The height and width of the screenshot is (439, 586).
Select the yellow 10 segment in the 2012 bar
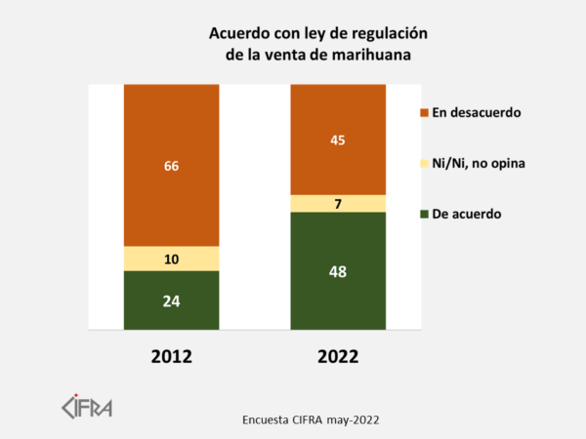coord(171,258)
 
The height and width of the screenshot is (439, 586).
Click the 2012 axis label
coord(171,356)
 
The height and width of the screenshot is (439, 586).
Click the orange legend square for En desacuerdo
coord(423,113)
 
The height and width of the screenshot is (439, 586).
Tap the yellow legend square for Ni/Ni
coord(423,163)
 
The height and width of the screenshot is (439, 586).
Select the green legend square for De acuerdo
coord(423,213)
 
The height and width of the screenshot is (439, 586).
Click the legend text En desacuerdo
coord(477,113)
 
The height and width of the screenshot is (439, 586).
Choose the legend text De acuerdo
coord(467,213)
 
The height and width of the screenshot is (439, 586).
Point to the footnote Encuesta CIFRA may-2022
coord(311,419)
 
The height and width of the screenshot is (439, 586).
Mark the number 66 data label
coord(171,166)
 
